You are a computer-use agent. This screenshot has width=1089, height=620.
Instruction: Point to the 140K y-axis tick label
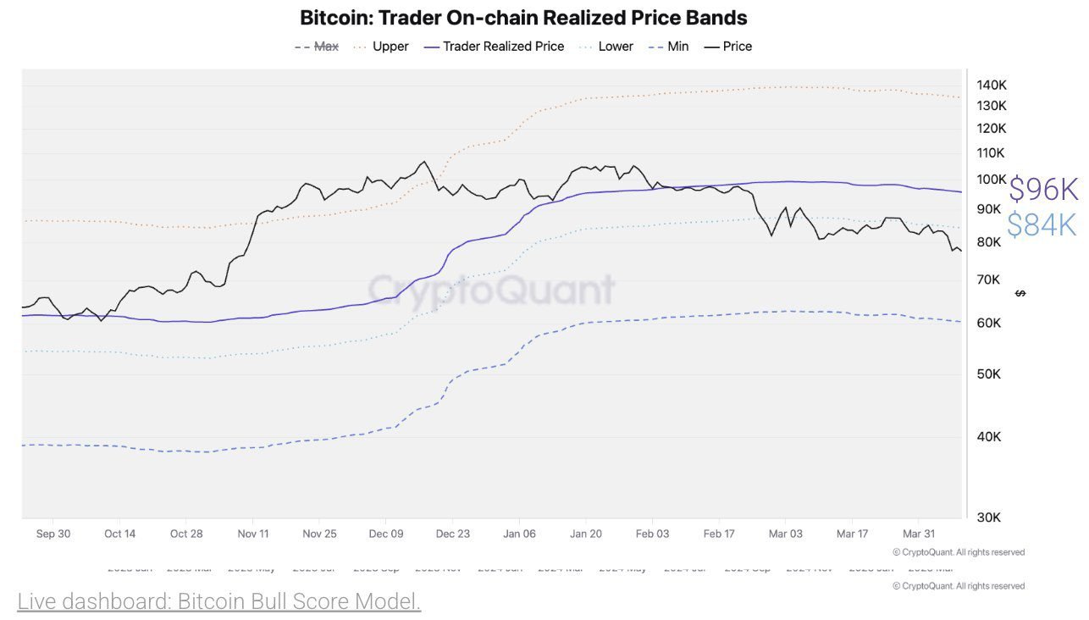point(991,85)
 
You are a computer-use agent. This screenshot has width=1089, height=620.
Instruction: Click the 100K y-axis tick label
point(991,180)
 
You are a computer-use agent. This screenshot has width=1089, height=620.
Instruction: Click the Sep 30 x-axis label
point(53,534)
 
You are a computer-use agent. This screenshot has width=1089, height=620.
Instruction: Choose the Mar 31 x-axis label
point(919,534)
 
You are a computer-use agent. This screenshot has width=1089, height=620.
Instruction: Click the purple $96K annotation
point(1042,190)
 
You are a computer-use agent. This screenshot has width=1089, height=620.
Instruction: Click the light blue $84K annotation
point(1041,224)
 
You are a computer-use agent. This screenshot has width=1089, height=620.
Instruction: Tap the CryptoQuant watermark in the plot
point(491,290)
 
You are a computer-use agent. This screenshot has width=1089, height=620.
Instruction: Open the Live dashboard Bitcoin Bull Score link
point(219,601)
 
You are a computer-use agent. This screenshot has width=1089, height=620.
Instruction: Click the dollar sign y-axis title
point(1020,293)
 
